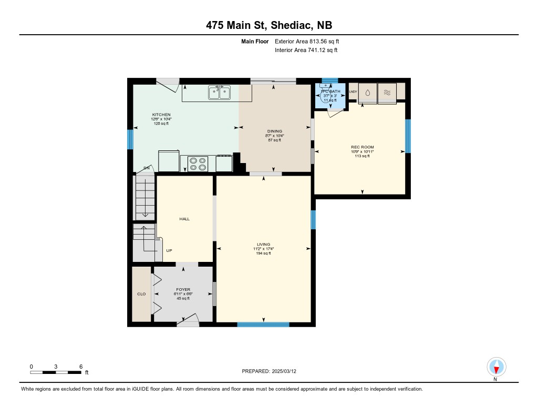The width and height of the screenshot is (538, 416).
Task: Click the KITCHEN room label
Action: [161, 115]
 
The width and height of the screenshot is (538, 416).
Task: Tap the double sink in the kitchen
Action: [219, 93]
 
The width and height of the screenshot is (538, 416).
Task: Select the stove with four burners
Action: [198, 164]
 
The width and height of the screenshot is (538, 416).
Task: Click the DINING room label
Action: [274, 131]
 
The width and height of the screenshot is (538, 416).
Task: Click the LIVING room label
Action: [263, 245]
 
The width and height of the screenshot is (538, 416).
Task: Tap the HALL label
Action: [184, 219]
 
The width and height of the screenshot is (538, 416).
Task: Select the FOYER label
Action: [183, 290]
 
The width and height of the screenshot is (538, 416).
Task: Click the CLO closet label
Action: [141, 294]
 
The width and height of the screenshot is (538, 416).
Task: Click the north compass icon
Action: [495, 367]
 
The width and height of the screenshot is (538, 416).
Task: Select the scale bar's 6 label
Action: [80, 367]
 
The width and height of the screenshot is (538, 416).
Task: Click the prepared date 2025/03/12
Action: [287, 371]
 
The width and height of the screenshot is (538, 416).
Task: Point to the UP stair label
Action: [169, 251]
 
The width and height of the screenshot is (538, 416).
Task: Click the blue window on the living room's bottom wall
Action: [263, 324]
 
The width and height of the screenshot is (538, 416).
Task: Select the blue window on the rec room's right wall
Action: [408, 136]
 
